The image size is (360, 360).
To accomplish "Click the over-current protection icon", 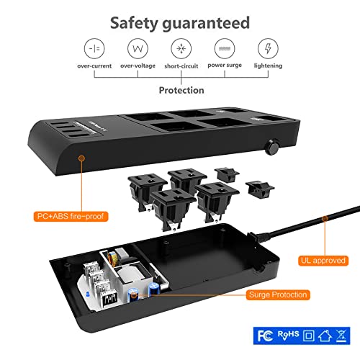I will tap(94, 49).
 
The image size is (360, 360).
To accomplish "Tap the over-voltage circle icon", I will tap(138, 49).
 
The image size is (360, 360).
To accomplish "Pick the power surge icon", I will tap(224, 49).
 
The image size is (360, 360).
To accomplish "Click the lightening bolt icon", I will tap(267, 49).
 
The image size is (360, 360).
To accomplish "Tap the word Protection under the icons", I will tap(181, 91).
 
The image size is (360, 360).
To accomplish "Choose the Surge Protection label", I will tap(277, 294).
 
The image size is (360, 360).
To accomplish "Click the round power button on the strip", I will tap(271, 148).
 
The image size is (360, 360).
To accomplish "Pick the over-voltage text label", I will tap(138, 66).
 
